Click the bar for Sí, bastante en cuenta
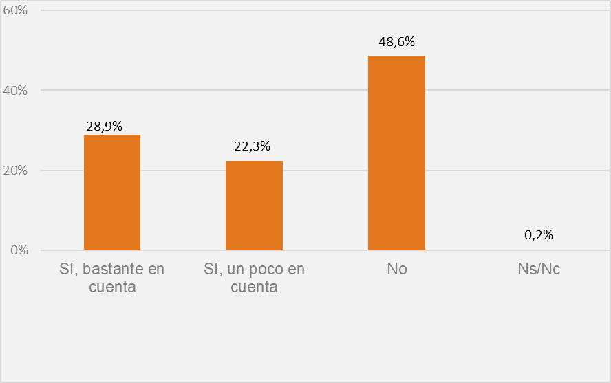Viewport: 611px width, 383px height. click(112, 193)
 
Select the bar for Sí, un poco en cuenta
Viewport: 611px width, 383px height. click(254, 206)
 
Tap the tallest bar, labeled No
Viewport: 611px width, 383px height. click(396, 153)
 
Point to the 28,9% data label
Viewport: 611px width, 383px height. click(105, 126)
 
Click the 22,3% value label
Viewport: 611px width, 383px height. click(253, 146)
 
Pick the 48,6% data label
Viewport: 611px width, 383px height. click(396, 42)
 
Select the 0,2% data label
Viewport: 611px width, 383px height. click(539, 235)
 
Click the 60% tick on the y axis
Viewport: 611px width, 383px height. click(15, 11)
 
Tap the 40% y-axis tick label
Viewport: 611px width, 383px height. click(15, 91)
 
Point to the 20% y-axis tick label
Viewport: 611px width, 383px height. click(15, 171)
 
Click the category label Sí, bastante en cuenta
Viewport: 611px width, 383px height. click(112, 277)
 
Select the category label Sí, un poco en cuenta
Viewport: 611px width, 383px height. click(254, 277)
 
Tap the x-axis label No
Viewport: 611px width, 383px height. click(397, 269)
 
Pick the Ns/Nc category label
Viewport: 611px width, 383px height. click(539, 269)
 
